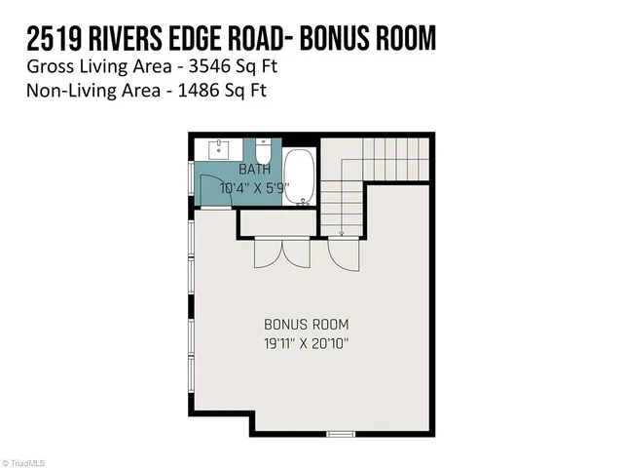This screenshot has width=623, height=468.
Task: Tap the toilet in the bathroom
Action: pos(263,153)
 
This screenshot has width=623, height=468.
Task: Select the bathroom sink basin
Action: pos(218,148)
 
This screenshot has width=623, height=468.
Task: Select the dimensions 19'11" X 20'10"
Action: pos(306,342)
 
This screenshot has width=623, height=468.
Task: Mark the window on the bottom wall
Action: pos(341,432)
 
